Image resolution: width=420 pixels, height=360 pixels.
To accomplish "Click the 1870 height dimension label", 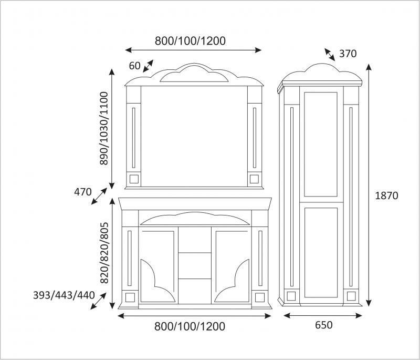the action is tap(386, 196).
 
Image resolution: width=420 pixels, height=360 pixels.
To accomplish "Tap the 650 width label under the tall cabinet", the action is tap(323, 325).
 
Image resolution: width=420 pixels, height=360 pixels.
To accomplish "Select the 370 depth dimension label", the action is tap(348, 54).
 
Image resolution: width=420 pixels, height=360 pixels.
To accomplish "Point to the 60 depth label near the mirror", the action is tap(135, 66).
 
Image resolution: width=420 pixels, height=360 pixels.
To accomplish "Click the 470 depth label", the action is tap(83, 192).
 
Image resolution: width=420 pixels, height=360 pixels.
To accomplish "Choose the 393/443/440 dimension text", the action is tap(64, 295).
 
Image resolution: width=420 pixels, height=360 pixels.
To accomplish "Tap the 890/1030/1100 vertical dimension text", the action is tap(103, 128).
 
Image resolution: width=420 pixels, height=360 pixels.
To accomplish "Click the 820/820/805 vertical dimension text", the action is tap(104, 253).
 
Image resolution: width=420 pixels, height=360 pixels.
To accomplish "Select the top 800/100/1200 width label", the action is tap(190, 41).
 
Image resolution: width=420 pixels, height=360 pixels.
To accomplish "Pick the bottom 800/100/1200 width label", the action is tap(190, 326).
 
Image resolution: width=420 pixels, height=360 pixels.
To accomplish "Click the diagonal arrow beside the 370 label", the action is tap(330, 55).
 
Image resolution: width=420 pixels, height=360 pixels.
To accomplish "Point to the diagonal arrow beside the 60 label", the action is tap(148, 66).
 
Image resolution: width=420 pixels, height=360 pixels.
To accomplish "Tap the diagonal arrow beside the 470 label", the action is tap(99, 196).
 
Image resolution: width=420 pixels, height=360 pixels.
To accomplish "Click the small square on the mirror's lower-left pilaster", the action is tap(134, 179).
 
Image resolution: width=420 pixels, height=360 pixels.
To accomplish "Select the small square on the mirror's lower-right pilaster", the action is tap(254, 179).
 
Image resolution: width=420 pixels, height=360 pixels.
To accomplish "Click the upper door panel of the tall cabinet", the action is tap(321, 144).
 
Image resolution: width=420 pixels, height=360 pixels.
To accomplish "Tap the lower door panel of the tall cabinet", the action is tap(321, 252).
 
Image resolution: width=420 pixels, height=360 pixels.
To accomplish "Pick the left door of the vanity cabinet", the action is tap(158, 265).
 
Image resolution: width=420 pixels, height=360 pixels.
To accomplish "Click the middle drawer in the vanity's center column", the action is tap(195, 265).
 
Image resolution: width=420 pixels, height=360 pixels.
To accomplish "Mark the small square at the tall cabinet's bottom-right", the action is tap(351, 296).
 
